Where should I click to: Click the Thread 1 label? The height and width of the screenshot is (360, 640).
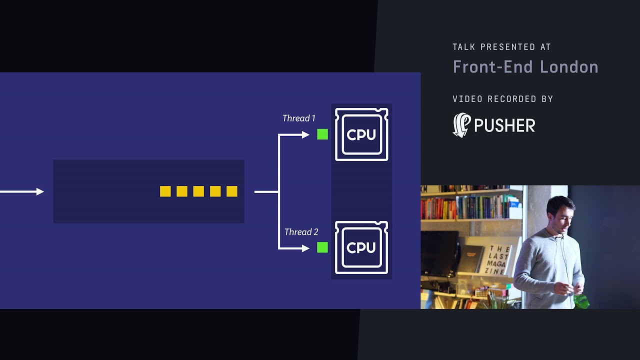click(x=299, y=118)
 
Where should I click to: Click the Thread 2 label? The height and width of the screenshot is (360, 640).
click(x=301, y=231)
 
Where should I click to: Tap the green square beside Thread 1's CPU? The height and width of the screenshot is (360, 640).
click(x=322, y=134)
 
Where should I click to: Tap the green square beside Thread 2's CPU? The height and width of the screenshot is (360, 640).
click(x=322, y=247)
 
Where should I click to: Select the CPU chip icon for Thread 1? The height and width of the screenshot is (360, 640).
click(x=361, y=134)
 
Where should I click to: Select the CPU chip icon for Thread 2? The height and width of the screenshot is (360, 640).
click(x=361, y=247)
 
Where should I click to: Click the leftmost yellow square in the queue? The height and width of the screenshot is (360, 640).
click(x=165, y=191)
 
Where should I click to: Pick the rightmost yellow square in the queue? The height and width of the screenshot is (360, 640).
click(x=232, y=191)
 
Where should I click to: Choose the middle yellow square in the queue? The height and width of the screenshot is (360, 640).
click(x=198, y=191)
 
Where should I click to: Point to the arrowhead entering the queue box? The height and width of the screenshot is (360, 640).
click(x=40, y=191)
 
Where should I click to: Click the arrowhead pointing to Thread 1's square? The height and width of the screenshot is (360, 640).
click(x=305, y=134)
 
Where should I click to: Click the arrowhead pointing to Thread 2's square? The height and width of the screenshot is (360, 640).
click(x=305, y=248)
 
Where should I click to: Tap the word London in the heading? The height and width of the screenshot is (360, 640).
click(x=569, y=67)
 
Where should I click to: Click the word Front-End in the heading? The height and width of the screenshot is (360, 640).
click(x=493, y=67)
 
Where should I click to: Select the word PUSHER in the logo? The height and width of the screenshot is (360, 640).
click(x=504, y=125)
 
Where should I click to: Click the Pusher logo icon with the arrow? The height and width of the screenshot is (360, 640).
click(x=461, y=125)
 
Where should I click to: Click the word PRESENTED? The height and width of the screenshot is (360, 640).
click(x=507, y=47)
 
